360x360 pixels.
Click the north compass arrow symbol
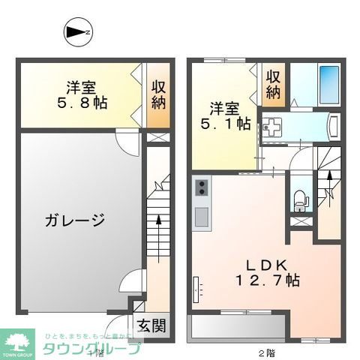[x=76, y=32]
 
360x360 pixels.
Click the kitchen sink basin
[x=202, y=217]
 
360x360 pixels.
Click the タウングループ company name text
[x=91, y=348]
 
